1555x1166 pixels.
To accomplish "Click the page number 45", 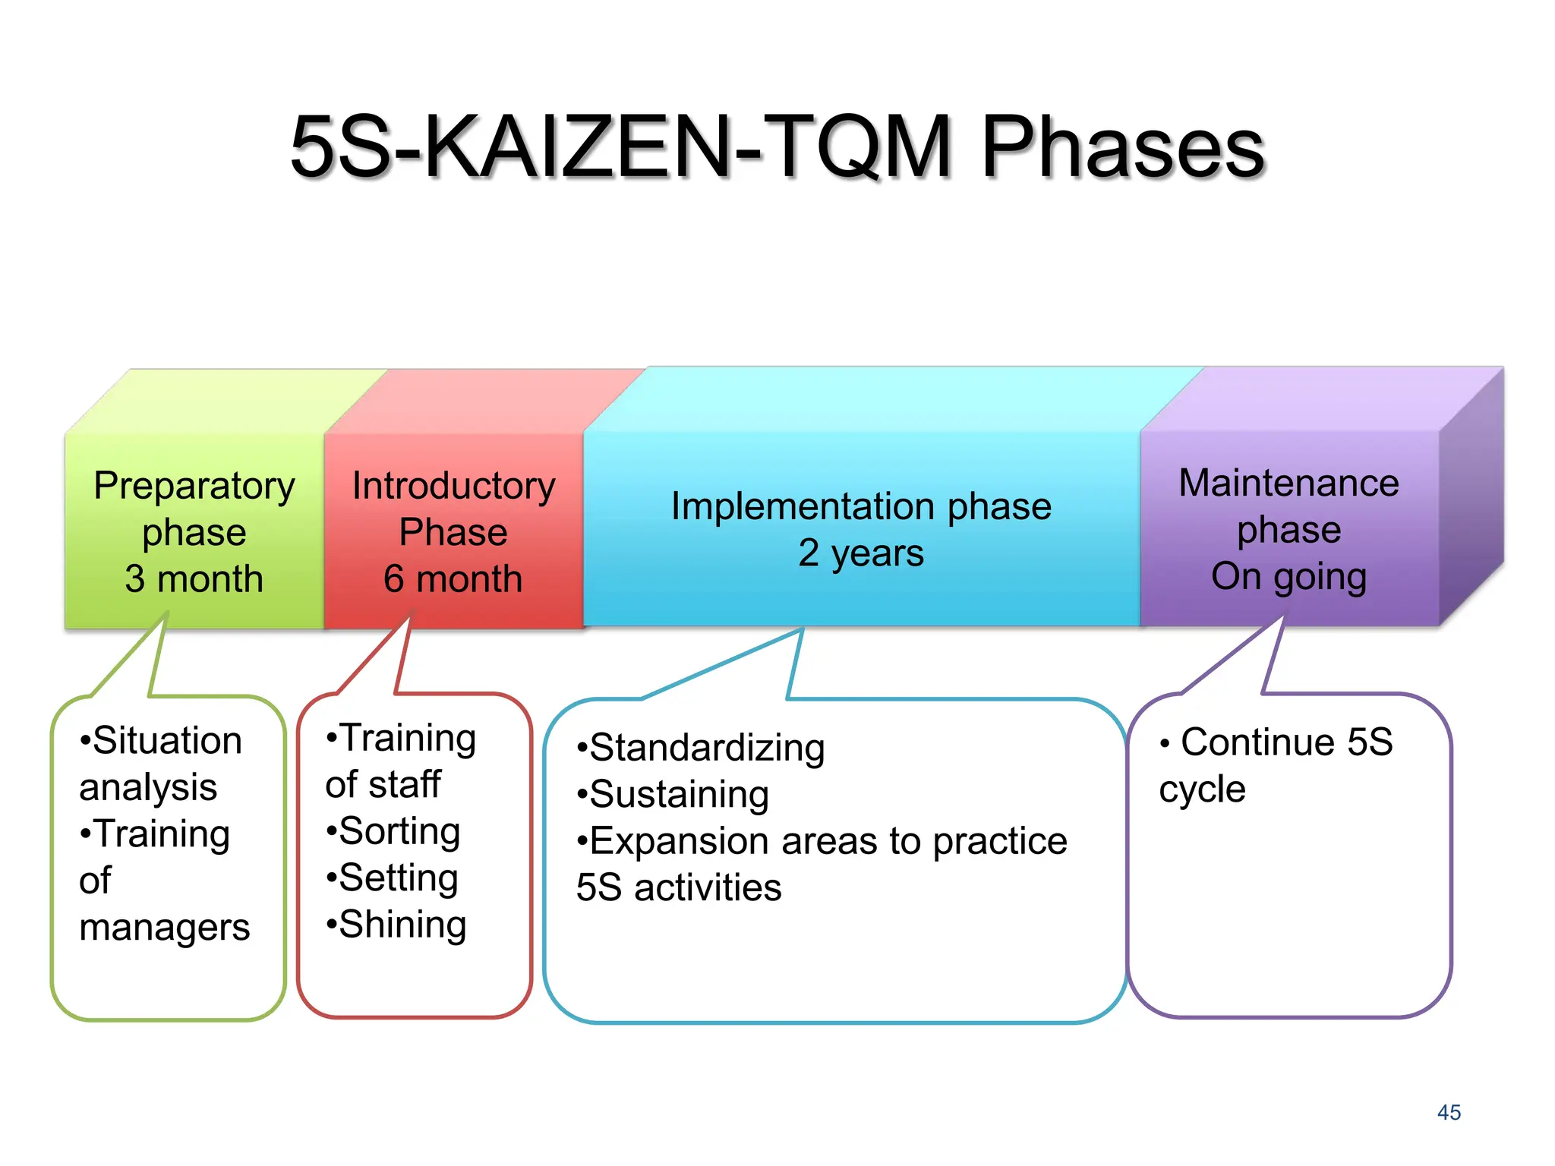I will point(1449,1112).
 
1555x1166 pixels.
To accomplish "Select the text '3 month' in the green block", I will point(194,578).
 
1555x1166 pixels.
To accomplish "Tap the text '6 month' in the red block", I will point(453,578).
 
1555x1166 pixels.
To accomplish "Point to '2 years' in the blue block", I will point(861,553).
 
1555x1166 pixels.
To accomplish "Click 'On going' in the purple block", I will point(1288,576).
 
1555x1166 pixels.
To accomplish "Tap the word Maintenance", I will point(1288,483).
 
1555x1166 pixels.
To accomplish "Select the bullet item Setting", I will point(398,878).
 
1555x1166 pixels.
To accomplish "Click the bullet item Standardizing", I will point(706,748).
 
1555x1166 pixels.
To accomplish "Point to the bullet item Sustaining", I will point(679,794).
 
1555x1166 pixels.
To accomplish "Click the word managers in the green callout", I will point(164,927).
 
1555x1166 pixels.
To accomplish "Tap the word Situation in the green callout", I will point(167,740).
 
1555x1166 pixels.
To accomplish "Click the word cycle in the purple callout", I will point(1202,789).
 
